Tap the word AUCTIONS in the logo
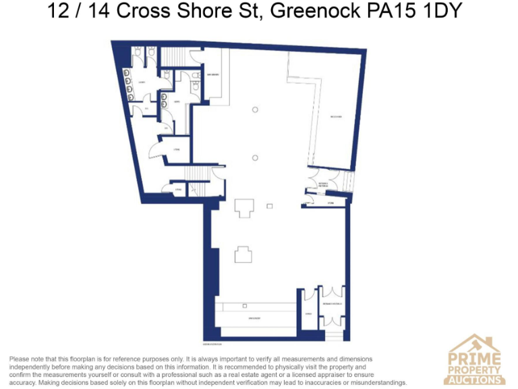pyautogui.click(x=475, y=380)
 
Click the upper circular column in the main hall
pyautogui.click(x=255, y=109)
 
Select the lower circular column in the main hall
pyautogui.click(x=255, y=157)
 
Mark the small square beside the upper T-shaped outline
pyautogui.click(x=270, y=205)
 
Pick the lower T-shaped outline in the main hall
pyautogui.click(x=243, y=254)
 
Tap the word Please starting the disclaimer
pyautogui.click(x=20, y=358)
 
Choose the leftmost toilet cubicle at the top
pyautogui.click(x=138, y=52)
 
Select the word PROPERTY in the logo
pyautogui.click(x=475, y=370)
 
